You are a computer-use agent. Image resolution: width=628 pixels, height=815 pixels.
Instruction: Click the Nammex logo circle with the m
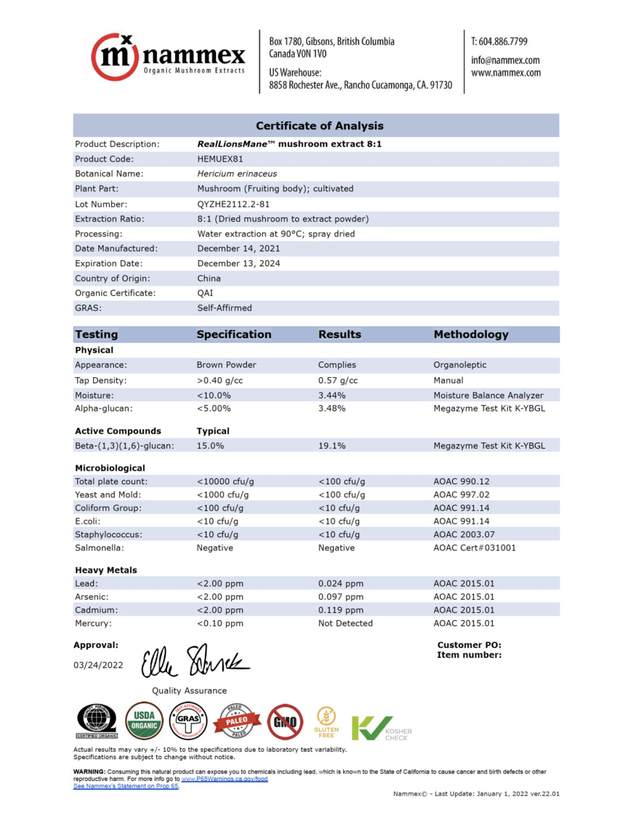[115, 56]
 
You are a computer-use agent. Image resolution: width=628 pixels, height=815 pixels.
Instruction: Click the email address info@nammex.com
[505, 60]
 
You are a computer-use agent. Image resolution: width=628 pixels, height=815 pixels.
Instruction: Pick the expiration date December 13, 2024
[238, 263]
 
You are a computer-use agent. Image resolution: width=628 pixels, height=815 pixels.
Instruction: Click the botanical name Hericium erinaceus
[237, 174]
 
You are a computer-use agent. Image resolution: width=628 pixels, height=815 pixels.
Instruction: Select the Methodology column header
[471, 334]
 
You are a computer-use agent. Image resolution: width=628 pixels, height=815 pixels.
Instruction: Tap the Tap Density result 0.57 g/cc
[338, 380]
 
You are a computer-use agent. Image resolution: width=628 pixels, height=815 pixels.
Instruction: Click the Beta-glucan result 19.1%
[331, 446]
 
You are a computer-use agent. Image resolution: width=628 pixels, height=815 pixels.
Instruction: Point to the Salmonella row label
[100, 547]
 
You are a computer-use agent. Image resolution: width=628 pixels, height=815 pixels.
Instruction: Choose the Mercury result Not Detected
[345, 623]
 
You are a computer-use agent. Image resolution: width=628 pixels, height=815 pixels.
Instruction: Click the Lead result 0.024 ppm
[340, 583]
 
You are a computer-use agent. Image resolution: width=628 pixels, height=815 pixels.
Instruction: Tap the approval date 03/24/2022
[98, 665]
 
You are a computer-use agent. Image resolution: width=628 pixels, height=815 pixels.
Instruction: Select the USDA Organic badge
[144, 720]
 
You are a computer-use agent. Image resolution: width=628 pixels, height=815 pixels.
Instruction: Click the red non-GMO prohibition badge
[284, 720]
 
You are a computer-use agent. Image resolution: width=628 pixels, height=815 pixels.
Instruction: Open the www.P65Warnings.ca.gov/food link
[225, 779]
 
